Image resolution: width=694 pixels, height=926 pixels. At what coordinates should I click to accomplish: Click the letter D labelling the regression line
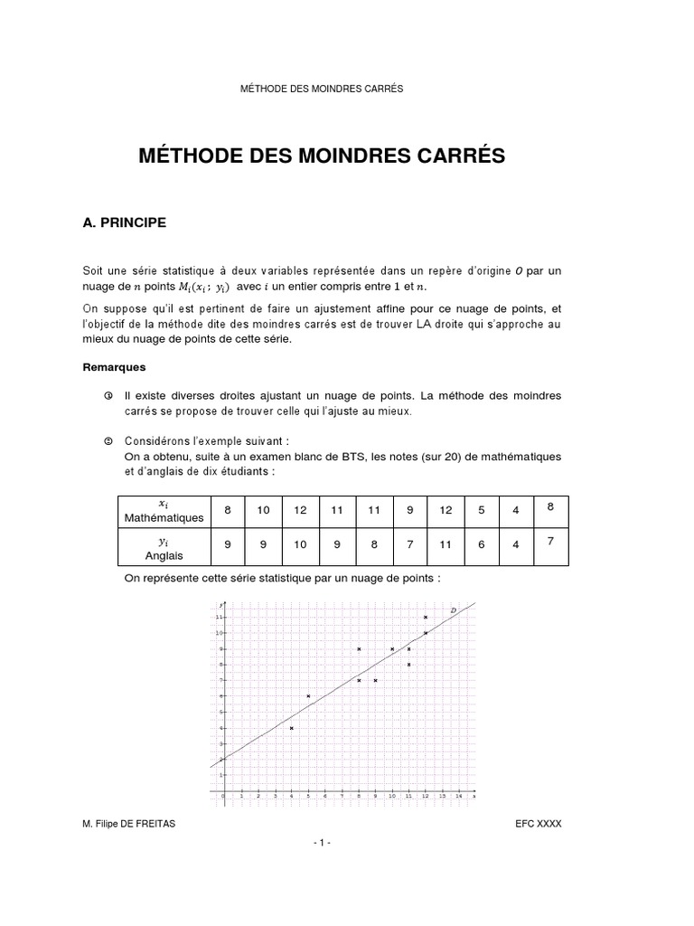[453, 611]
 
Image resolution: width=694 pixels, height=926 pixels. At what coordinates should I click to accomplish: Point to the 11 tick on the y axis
[218, 617]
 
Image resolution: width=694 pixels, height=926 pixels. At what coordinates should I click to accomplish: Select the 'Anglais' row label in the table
[164, 555]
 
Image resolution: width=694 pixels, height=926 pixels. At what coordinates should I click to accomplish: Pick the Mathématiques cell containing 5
[482, 511]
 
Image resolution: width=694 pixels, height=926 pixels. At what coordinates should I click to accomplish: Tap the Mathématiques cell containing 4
[516, 511]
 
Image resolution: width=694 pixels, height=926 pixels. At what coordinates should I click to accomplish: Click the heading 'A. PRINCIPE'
[124, 222]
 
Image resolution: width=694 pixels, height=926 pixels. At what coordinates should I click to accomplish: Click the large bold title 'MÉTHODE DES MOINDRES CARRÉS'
[322, 156]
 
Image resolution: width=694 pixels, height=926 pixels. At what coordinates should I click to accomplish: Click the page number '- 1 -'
[322, 843]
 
